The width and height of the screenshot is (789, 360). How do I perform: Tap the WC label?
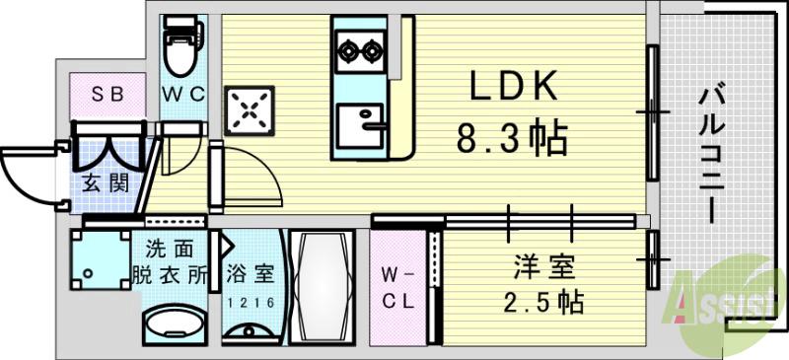click(182, 95)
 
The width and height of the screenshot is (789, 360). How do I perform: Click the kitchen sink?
click(360, 126)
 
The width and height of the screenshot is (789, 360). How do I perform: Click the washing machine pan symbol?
click(100, 267)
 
